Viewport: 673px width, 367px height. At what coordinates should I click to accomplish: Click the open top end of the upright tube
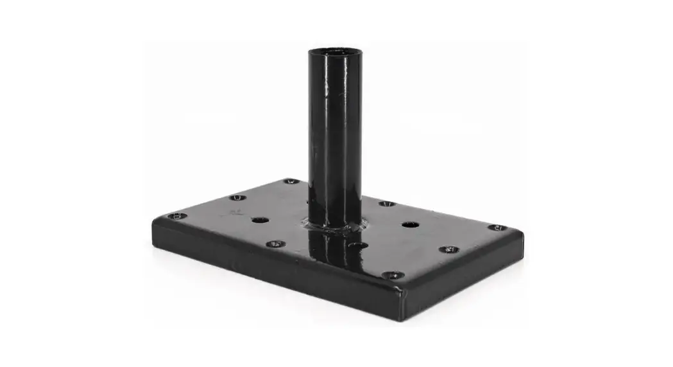335,51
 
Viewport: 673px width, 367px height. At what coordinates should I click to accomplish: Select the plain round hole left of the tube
260,220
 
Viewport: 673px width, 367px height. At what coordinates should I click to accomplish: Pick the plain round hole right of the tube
410,225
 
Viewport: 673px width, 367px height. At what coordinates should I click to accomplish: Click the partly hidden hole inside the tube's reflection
358,245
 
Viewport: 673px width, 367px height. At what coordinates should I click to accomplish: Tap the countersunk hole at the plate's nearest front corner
393,275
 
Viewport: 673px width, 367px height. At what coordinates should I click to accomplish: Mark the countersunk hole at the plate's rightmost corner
495,228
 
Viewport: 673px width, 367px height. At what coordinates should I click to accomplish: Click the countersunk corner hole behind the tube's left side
291,182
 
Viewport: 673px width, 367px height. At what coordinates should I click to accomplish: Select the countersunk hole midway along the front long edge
275,244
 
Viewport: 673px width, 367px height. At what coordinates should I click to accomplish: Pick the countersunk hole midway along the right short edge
448,249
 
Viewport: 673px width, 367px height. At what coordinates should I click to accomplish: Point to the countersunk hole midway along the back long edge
386,204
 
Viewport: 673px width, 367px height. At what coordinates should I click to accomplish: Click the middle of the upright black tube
335,135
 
